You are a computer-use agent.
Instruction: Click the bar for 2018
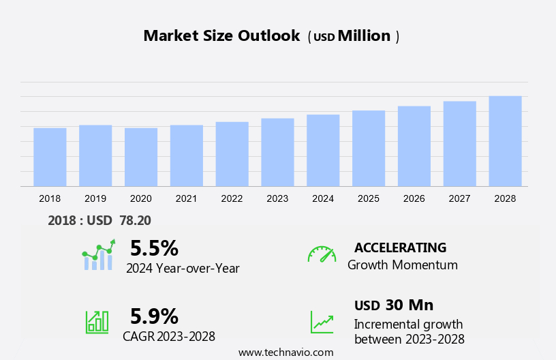click(50, 157)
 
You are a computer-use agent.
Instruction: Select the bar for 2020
click(141, 157)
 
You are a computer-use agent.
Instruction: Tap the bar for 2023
click(277, 152)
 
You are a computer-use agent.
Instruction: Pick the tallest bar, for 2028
click(505, 141)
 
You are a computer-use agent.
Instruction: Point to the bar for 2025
click(369, 148)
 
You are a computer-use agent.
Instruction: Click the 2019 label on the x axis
click(95, 198)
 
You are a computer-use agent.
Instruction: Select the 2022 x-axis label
click(232, 198)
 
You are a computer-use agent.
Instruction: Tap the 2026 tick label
click(414, 198)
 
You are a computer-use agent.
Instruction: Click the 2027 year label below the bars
click(459, 198)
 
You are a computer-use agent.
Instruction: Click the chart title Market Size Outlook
click(221, 36)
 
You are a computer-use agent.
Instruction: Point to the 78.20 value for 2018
click(136, 220)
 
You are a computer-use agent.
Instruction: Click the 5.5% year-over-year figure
click(154, 247)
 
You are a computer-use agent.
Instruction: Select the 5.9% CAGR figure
click(154, 316)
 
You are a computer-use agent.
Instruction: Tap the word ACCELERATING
click(400, 247)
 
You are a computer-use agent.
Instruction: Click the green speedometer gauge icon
click(322, 254)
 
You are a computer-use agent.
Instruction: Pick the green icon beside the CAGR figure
click(97, 321)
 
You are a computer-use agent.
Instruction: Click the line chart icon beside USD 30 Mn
click(322, 321)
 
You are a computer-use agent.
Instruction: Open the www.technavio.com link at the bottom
click(285, 352)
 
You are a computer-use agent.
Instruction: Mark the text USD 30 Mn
click(394, 305)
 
